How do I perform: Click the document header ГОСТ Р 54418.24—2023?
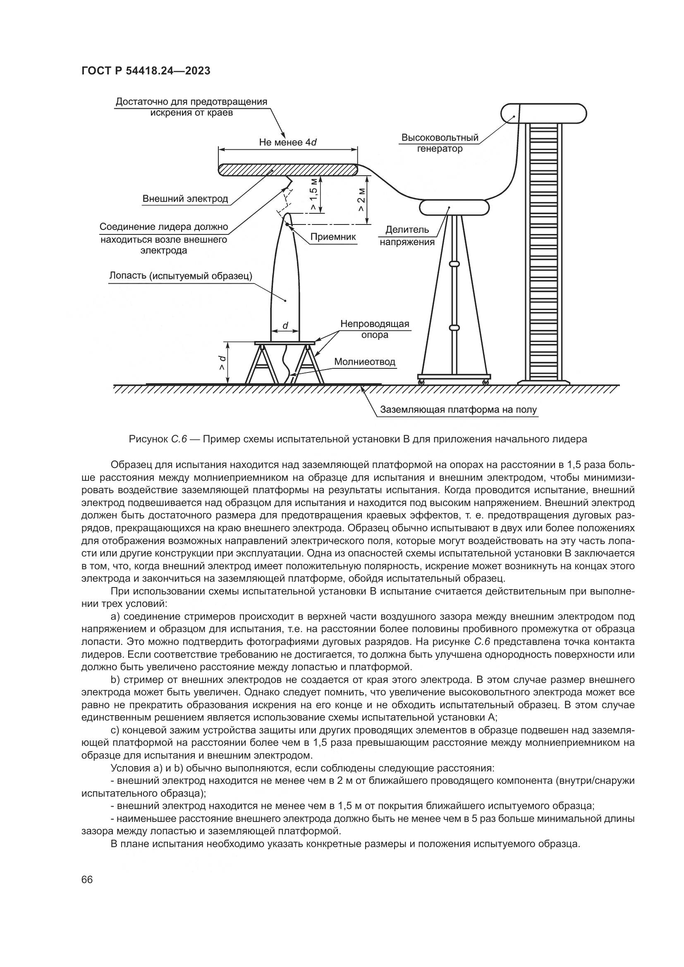(x=146, y=71)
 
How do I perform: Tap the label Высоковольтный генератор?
(x=440, y=143)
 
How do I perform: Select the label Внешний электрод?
(x=185, y=199)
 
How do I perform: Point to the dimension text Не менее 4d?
(x=288, y=142)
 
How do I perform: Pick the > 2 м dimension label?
(x=361, y=200)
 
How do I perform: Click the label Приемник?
(x=333, y=237)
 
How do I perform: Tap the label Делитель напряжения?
(x=407, y=236)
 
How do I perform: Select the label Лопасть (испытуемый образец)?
(x=181, y=276)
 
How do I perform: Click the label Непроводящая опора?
(x=375, y=329)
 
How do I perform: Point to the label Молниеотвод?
(x=365, y=362)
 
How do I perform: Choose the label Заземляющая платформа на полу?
(x=459, y=410)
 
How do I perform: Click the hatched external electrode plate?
(x=288, y=170)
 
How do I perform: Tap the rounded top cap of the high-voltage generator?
(x=544, y=113)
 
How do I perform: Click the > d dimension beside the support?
(x=222, y=363)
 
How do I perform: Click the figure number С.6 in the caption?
(x=179, y=439)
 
